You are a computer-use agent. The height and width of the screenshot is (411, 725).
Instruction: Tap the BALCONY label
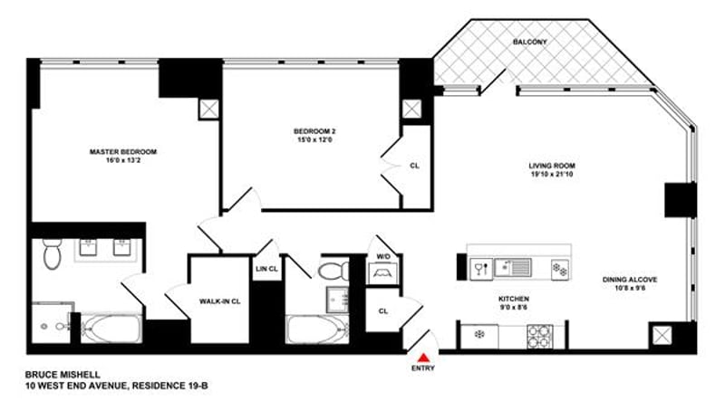pos(528,43)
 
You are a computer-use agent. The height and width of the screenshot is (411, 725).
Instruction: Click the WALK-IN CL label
pos(218,301)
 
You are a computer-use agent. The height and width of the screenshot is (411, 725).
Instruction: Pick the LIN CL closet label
pos(266,269)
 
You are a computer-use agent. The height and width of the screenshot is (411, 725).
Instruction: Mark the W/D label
pos(383,256)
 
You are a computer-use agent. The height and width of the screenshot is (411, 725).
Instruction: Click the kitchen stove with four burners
pos(541,334)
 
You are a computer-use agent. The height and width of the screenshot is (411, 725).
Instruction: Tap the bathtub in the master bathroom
pos(110,329)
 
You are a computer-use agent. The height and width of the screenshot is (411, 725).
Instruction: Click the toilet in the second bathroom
pos(334,270)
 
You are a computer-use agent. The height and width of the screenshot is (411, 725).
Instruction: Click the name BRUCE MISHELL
pos(62,373)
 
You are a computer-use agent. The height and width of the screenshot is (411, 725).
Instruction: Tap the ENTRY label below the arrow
pos(423,368)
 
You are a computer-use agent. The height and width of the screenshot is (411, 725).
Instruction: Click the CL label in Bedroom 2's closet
pos(414,166)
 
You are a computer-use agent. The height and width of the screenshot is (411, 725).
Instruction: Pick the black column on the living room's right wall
pos(679,199)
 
